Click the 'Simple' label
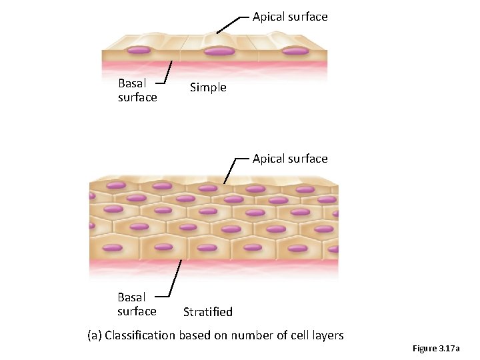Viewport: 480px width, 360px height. click(x=208, y=87)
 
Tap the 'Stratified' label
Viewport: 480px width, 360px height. click(x=208, y=311)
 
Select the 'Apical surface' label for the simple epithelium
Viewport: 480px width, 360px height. click(x=290, y=17)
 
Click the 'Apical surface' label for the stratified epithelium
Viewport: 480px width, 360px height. click(x=290, y=159)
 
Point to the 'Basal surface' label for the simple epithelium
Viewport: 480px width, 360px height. click(x=137, y=91)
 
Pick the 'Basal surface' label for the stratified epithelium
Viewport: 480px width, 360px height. click(x=137, y=304)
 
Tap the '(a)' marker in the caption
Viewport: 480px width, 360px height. click(x=95, y=335)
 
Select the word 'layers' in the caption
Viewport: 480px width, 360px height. click(x=327, y=335)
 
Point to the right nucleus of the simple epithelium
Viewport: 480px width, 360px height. click(x=295, y=50)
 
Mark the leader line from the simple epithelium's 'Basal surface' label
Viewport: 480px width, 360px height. click(x=169, y=72)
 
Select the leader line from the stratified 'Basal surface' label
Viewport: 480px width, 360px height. click(x=176, y=277)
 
